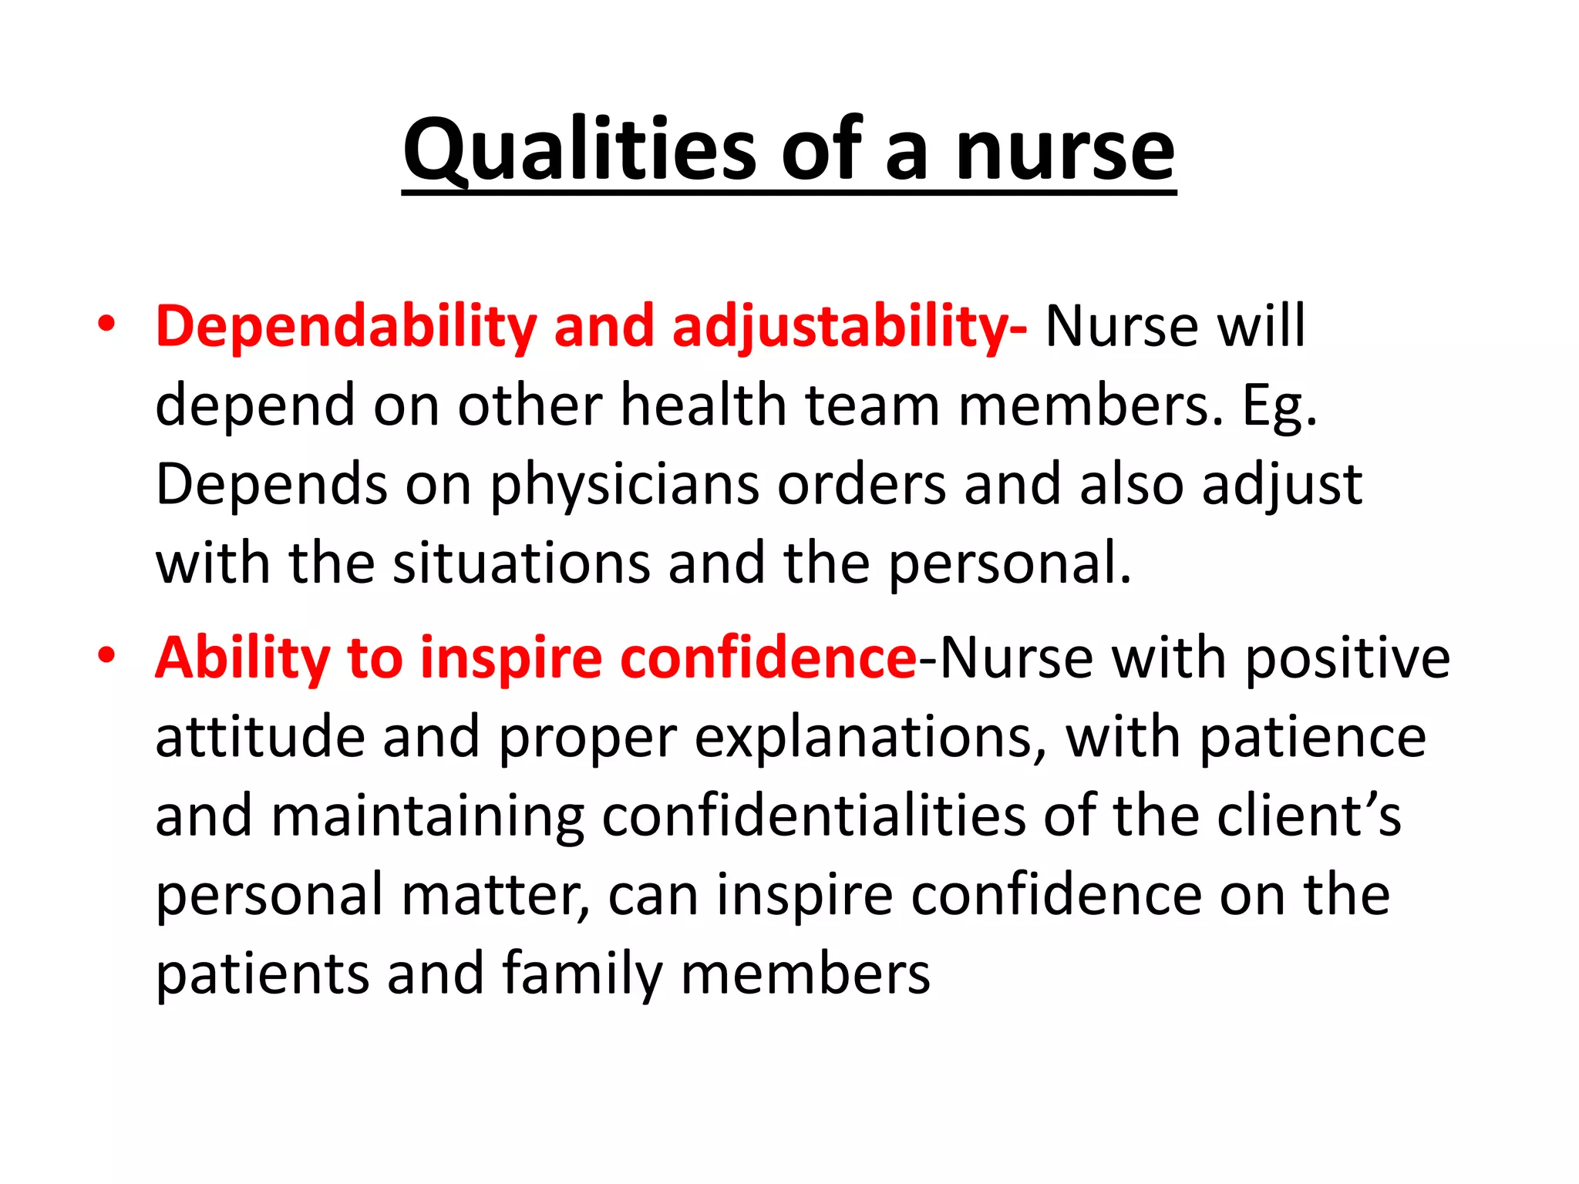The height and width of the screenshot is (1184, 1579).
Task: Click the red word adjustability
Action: click(848, 327)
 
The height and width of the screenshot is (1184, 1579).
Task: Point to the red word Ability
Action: click(242, 659)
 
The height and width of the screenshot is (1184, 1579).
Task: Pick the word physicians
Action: click(625, 486)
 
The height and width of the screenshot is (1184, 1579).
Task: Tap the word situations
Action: click(521, 563)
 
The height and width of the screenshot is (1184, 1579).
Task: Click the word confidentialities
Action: click(813, 817)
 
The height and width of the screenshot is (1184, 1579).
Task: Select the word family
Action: click(582, 974)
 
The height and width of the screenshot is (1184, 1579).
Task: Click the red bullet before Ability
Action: click(106, 657)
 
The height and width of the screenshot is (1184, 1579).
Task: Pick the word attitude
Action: click(260, 738)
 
